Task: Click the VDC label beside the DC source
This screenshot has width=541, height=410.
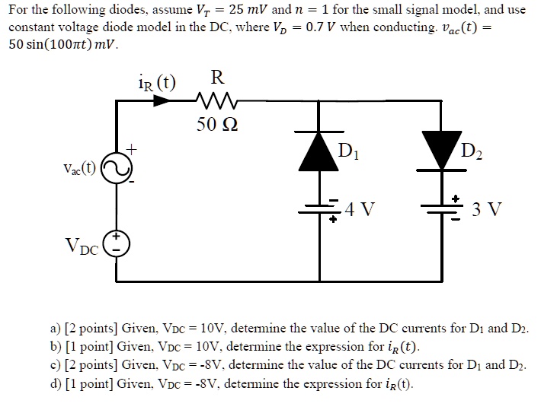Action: point(82,246)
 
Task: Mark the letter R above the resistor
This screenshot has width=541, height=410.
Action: point(217,78)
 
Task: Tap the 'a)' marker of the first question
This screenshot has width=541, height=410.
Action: point(55,329)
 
